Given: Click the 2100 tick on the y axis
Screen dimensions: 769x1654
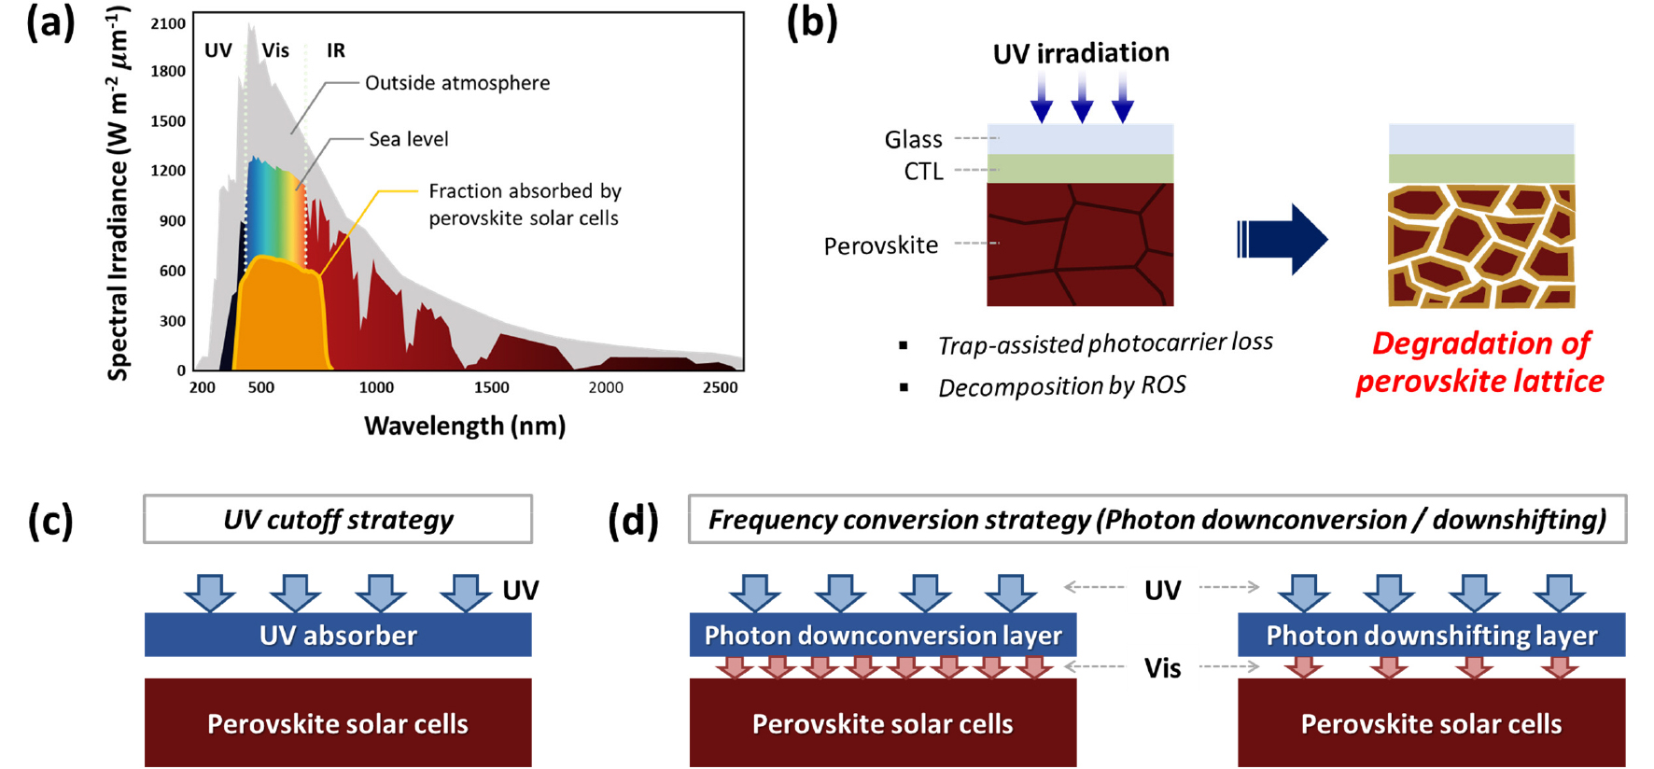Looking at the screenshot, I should point(168,23).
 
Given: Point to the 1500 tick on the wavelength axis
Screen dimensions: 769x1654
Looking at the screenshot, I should point(491,387).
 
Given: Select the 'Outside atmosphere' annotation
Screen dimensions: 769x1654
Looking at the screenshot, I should point(457,83).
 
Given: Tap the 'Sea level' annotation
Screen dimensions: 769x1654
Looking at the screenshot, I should point(409,139).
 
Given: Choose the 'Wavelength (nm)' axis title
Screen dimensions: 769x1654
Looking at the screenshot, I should point(465,426).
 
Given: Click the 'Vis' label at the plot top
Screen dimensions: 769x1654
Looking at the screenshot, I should point(275,50).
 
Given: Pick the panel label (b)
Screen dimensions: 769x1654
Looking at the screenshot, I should point(811,22).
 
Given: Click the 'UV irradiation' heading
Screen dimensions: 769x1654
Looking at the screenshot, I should point(1081,53).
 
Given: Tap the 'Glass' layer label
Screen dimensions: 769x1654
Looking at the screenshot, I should point(913,139).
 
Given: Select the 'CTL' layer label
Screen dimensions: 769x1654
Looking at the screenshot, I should point(923,172).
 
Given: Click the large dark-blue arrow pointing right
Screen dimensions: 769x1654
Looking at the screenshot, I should point(1283,239).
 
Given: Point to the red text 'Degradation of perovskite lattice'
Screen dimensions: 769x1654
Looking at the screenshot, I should point(1480,362).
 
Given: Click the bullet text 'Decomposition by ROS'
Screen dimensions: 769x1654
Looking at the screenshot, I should point(1062,386).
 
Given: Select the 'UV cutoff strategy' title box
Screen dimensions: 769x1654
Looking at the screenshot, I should point(338,520).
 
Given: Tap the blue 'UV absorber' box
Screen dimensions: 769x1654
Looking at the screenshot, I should point(338,636).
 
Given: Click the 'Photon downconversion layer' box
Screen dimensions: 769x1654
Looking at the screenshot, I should point(883,636).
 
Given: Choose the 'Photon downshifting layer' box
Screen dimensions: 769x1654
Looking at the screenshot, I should point(1431,636).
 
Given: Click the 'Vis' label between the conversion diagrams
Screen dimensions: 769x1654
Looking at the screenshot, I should point(1162,668).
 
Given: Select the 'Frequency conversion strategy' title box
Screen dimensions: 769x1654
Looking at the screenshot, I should point(1157,520).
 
